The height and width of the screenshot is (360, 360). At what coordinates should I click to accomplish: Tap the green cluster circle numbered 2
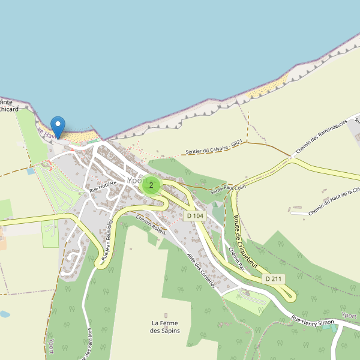click(151, 185)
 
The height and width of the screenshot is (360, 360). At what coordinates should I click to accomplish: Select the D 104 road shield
click(196, 215)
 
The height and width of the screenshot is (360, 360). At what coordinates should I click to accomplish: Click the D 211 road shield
click(273, 278)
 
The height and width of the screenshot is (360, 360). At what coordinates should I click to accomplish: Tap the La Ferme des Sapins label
click(164, 327)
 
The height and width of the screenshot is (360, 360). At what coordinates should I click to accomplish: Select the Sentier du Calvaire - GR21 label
click(214, 147)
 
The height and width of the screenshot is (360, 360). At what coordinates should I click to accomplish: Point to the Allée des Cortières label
click(201, 271)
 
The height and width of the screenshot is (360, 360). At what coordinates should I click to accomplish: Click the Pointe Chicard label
click(8, 106)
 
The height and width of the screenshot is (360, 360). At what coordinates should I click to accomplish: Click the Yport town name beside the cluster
click(134, 180)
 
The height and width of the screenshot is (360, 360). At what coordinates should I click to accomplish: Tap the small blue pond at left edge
click(4, 314)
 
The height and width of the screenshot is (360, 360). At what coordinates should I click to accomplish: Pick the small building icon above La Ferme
click(166, 315)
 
